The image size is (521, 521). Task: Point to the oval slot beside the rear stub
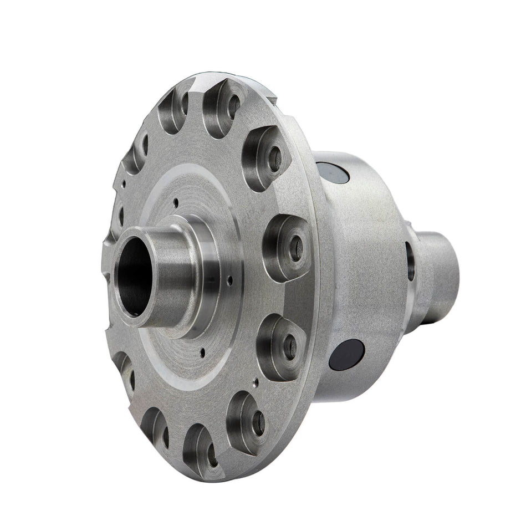[x=410, y=260]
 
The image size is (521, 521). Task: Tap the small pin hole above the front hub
[x=175, y=203]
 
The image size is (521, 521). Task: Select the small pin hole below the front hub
[x=205, y=350]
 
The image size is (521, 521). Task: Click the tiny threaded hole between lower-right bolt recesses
[x=255, y=381]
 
